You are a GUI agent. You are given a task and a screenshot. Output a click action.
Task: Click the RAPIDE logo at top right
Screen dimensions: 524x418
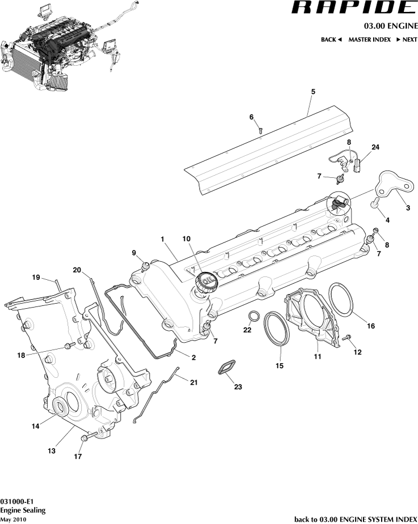click(x=354, y=8)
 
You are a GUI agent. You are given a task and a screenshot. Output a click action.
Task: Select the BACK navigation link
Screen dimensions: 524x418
click(x=331, y=40)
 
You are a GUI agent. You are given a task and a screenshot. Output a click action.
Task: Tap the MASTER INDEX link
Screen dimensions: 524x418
click(x=369, y=40)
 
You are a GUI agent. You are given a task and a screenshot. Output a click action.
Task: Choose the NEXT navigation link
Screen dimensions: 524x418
click(x=406, y=40)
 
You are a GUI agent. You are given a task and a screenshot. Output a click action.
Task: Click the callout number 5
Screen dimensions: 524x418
click(x=313, y=91)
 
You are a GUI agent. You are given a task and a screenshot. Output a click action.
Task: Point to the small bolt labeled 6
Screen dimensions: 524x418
click(x=260, y=130)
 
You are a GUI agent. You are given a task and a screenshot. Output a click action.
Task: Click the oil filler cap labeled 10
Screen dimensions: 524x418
click(x=204, y=282)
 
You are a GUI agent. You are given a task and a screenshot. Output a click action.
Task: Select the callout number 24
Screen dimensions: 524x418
click(x=375, y=147)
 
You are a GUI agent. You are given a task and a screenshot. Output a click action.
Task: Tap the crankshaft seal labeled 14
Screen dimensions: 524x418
click(x=60, y=406)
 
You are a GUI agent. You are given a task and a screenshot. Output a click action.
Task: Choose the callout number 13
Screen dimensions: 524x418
click(x=52, y=451)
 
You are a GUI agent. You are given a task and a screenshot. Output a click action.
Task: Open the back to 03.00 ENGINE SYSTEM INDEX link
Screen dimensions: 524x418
click(x=356, y=519)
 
